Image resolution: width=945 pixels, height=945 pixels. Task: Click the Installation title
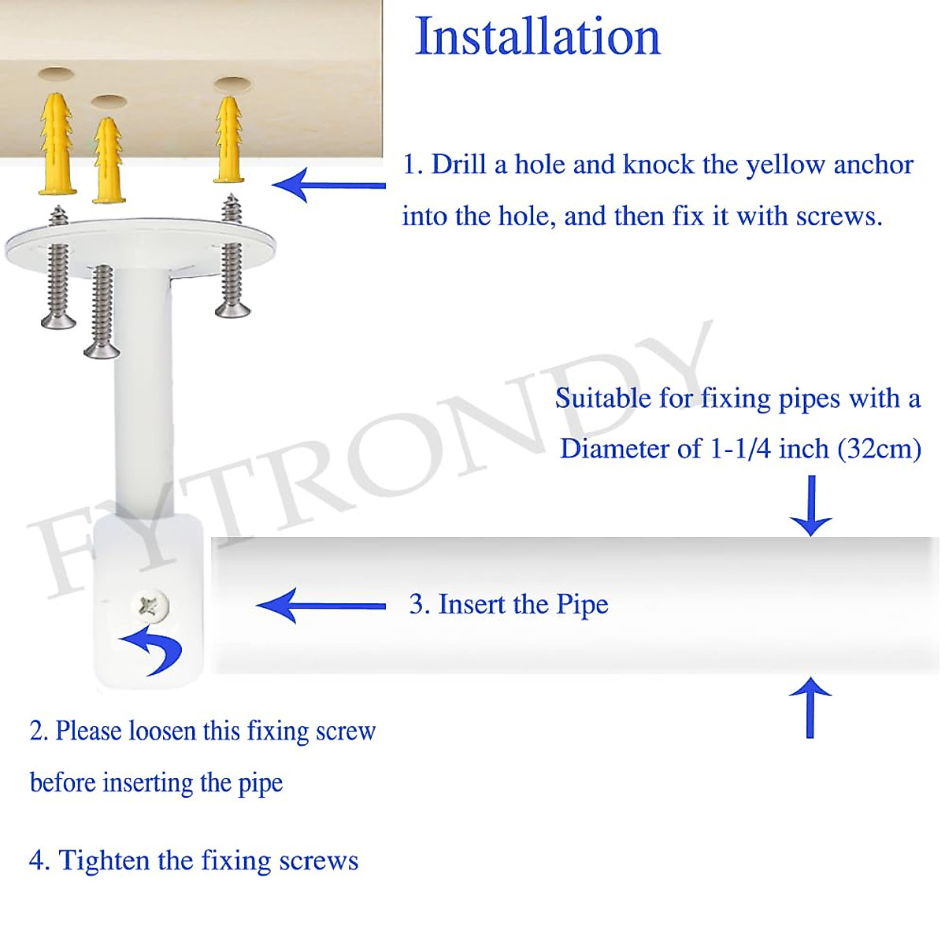[x=537, y=36]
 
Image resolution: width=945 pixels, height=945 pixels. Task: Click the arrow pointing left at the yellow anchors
[x=328, y=186]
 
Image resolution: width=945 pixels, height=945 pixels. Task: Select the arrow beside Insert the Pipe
[x=321, y=606]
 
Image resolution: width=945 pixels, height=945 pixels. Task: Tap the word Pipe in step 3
[x=583, y=604]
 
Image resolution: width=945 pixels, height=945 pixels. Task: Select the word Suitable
[x=603, y=398]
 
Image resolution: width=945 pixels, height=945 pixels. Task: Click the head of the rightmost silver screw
[x=232, y=309]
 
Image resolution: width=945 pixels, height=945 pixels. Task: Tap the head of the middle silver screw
[x=102, y=350]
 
